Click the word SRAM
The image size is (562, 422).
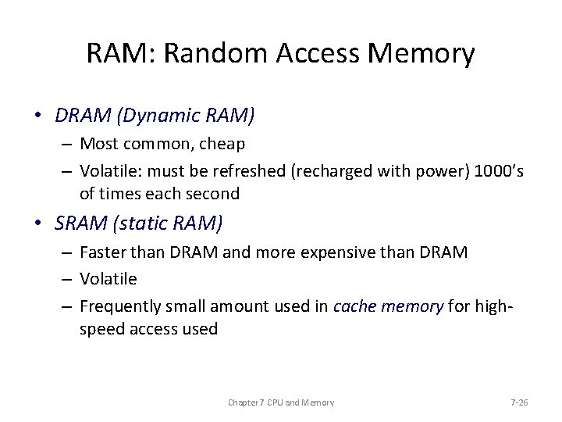point(82,224)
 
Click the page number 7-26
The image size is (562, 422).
point(519,402)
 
